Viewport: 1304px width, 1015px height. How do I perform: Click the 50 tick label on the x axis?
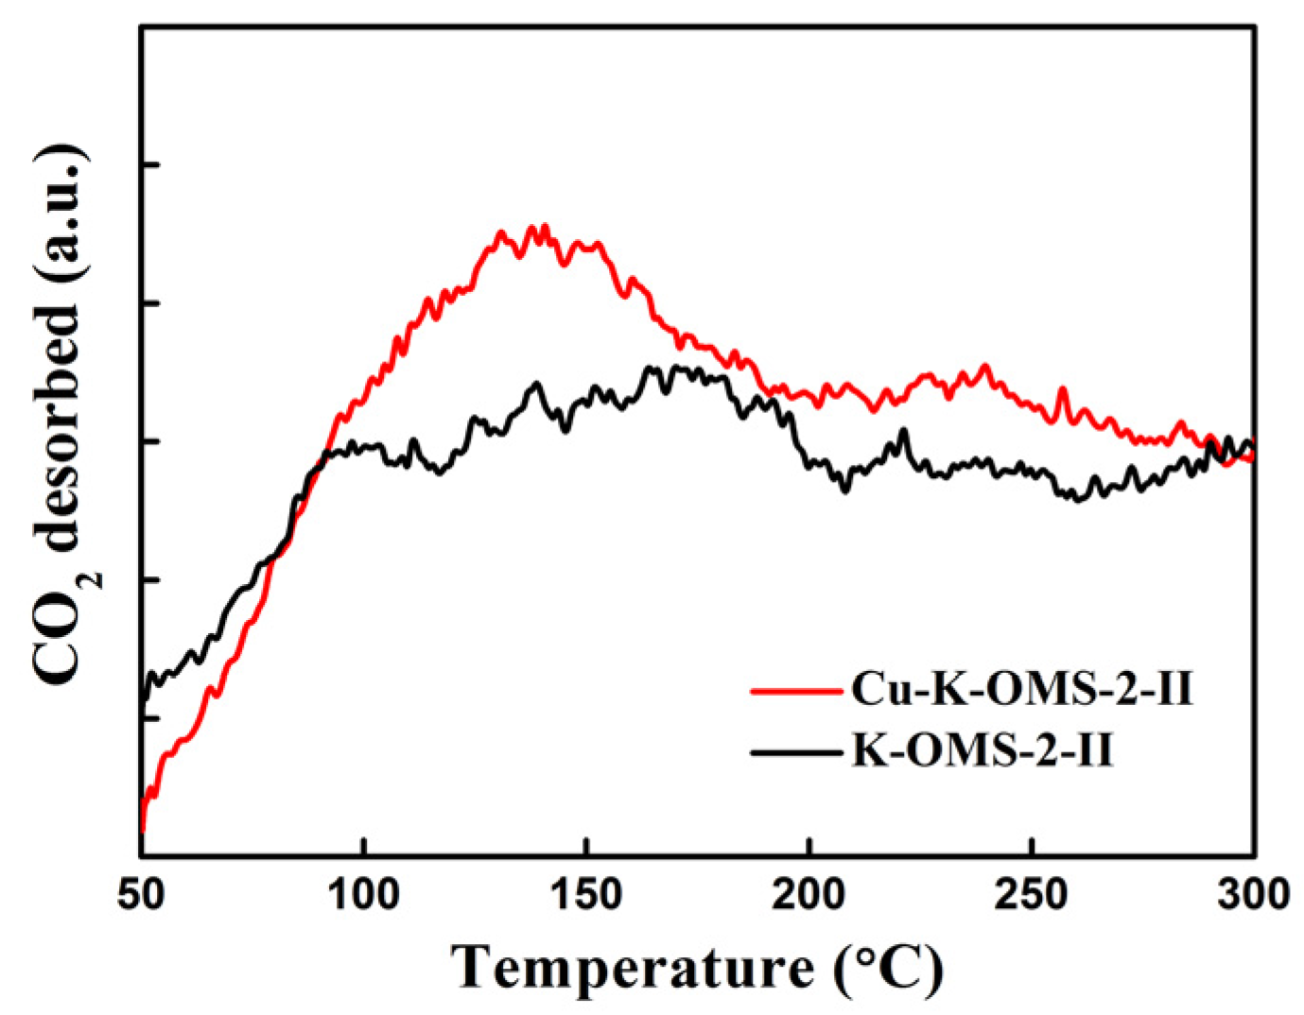coord(141,894)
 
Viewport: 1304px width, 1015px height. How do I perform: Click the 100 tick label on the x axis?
coord(364,894)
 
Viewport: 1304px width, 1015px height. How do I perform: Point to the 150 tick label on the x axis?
coord(587,894)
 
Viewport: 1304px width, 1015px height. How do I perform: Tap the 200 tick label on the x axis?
coord(809,894)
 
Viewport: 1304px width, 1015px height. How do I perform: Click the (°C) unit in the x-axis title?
coord(889,969)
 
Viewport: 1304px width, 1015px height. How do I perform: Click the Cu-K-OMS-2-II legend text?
coord(1021,690)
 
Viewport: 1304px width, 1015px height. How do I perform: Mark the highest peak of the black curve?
coord(650,368)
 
